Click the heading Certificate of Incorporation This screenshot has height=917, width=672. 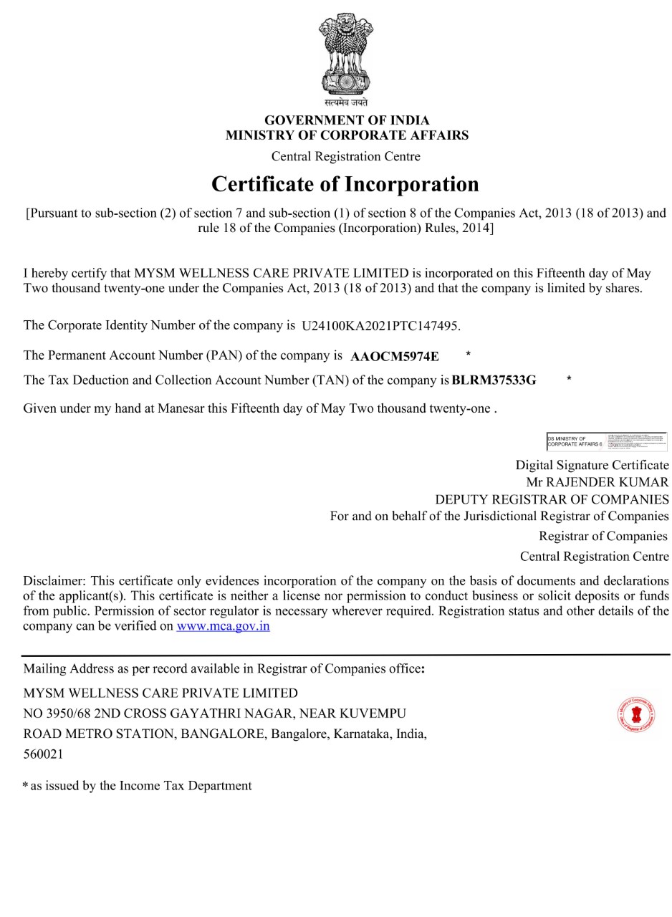[345, 184]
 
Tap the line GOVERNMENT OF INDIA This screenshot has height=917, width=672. [347, 120]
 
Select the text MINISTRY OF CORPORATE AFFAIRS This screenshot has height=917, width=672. [347, 135]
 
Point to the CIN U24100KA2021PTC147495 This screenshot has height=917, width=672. [380, 326]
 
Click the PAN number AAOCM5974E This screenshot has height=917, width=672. [395, 356]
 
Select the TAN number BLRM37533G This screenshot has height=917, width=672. [494, 380]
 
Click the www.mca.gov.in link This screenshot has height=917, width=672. [223, 626]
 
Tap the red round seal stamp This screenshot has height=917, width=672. [635, 715]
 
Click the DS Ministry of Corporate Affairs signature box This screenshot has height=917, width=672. [606, 441]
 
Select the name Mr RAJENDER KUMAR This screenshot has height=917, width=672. [597, 482]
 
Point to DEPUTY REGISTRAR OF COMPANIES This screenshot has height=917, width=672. [552, 499]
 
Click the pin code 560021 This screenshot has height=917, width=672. [44, 754]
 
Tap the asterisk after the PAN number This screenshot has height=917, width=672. [468, 354]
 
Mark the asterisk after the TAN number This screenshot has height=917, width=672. [569, 378]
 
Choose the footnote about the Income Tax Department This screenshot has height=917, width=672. [138, 786]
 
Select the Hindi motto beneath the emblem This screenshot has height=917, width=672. [345, 102]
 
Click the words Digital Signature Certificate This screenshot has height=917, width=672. [592, 465]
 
